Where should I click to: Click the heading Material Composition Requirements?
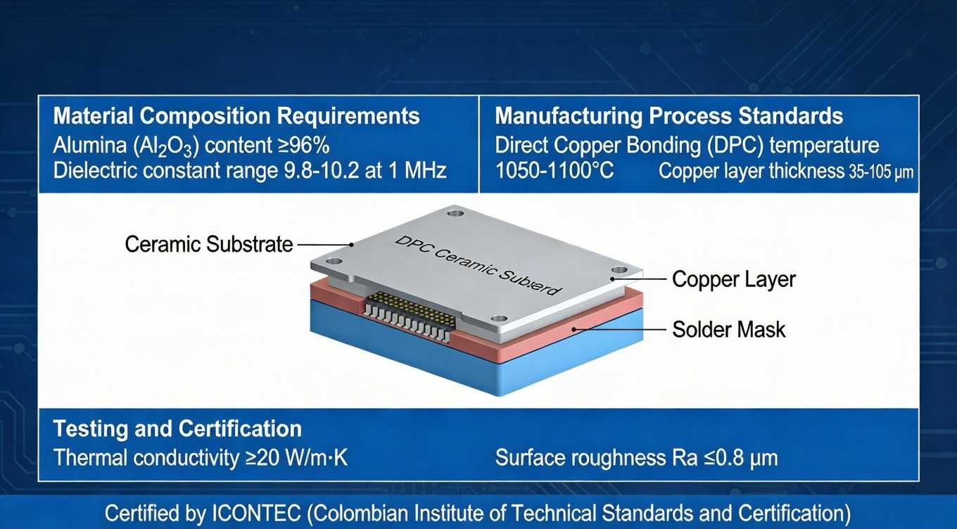tap(236, 116)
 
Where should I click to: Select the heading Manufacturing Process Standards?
tap(669, 116)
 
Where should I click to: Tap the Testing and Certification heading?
tap(177, 428)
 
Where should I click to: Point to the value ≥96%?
tap(300, 146)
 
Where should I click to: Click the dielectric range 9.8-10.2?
tap(321, 170)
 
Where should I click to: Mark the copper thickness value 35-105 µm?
tap(880, 171)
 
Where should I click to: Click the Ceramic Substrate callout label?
tap(209, 244)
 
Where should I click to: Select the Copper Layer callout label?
tap(733, 279)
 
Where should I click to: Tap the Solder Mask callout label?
tap(728, 329)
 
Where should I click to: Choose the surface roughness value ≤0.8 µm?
tap(735, 458)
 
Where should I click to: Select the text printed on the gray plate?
tap(479, 264)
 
